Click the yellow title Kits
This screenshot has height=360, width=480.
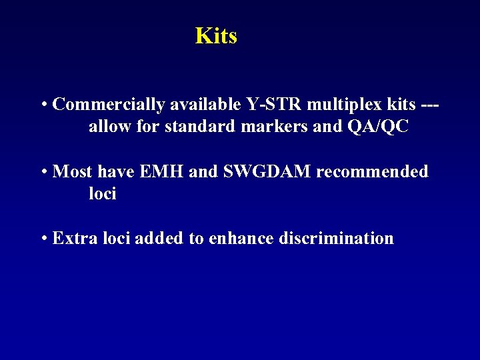pos(216,35)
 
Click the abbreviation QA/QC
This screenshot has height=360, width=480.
pos(377,127)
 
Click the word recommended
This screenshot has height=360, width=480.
pos(372,171)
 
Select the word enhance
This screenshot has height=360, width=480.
pos(241,238)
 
